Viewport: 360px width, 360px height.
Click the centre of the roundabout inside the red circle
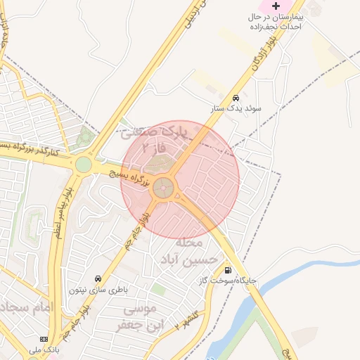click(164, 187)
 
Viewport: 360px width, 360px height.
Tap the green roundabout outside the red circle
click(84, 165)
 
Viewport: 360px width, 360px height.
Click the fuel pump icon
click(227, 269)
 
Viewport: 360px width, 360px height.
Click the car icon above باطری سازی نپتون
click(97, 278)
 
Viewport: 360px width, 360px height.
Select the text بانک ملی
click(41, 349)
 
